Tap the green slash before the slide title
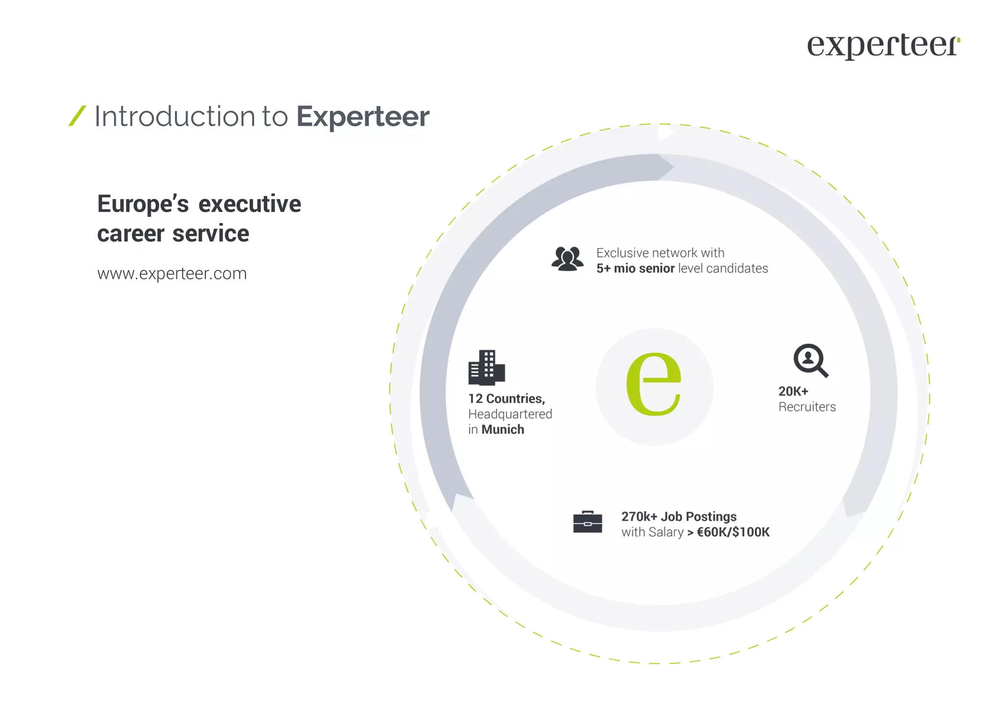77,116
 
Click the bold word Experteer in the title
363,117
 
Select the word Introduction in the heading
174,116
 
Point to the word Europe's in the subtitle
143,204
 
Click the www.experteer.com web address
172,273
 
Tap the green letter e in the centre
654,384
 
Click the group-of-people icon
567,259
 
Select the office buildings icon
486,367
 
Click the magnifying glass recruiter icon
810,360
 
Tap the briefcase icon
587,522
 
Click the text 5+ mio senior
635,269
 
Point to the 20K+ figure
793,391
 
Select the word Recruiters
807,407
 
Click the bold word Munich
503,430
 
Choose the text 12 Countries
506,399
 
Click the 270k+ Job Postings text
678,517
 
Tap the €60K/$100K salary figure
733,532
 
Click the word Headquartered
510,414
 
